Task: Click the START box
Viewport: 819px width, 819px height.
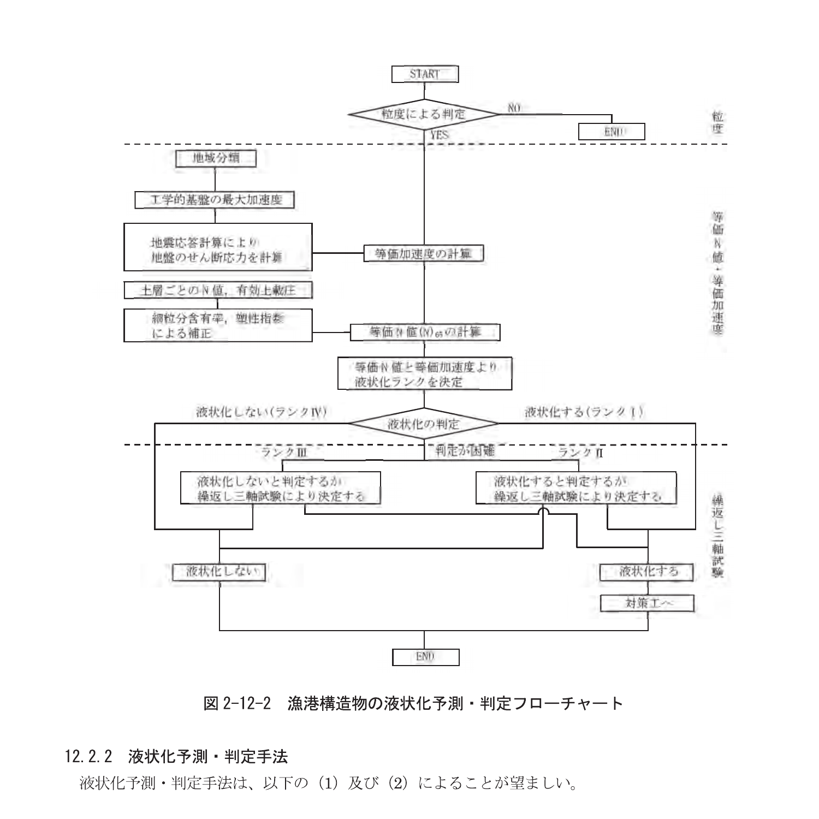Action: [425, 74]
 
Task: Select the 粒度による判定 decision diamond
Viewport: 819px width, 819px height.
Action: [424, 115]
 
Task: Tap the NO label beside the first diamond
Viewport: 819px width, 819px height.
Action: [514, 108]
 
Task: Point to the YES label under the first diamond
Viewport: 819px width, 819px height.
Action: [440, 133]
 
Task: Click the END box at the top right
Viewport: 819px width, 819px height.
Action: [612, 132]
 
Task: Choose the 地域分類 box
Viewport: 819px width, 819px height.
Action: [216, 159]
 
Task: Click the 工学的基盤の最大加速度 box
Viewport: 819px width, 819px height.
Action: [215, 200]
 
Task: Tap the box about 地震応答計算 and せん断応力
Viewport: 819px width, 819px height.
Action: [218, 247]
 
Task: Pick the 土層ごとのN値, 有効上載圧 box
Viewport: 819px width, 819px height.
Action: [218, 290]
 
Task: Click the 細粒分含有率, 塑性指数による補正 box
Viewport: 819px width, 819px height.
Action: [218, 325]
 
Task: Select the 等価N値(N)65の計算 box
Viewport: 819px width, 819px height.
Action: [425, 333]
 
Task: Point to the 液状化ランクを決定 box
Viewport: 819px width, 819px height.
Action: [425, 374]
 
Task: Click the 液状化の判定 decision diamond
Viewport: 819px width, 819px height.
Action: [424, 423]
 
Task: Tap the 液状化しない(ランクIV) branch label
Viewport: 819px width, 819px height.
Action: [261, 412]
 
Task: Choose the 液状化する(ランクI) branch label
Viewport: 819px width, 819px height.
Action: [584, 412]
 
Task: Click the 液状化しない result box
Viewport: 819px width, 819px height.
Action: [219, 572]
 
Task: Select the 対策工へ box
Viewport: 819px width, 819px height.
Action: [648, 603]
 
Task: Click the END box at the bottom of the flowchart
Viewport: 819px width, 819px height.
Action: [425, 657]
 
